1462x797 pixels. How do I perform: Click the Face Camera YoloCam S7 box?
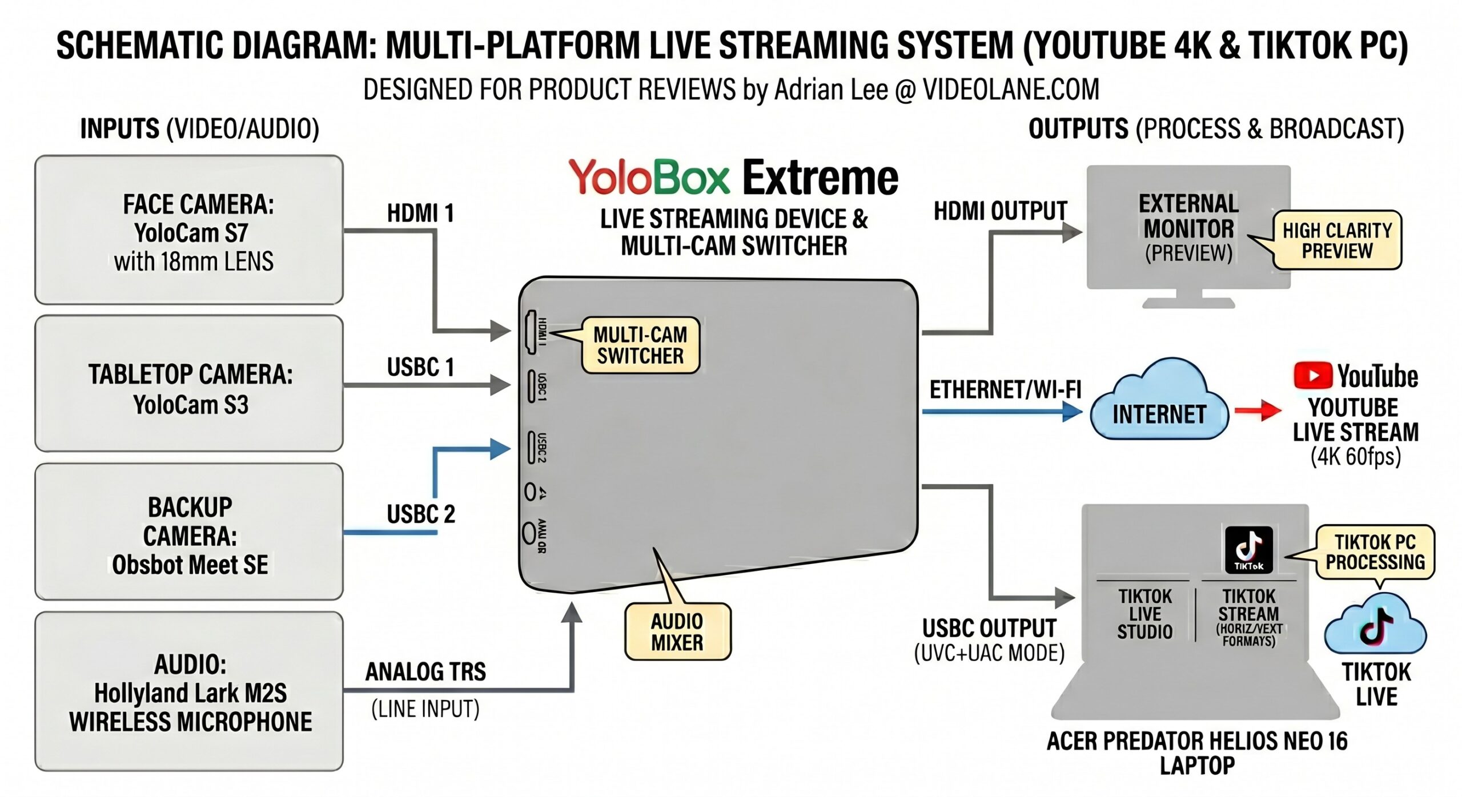coord(188,230)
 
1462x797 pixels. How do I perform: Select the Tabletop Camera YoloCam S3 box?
coord(188,384)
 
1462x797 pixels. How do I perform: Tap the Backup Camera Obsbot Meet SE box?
coord(188,532)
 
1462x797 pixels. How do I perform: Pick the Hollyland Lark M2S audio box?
coord(188,692)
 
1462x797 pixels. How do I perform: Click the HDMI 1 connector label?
coord(420,214)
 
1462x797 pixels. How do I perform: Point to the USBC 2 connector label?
coord(421,514)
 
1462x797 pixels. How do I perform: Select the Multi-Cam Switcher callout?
coord(640,345)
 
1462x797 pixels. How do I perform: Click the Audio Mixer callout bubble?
coord(677,631)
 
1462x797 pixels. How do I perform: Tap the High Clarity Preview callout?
coord(1337,240)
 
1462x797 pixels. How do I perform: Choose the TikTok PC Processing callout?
coord(1375,552)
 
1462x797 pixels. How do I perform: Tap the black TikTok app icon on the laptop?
coord(1249,550)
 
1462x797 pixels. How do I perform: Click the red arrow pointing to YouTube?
coord(1259,410)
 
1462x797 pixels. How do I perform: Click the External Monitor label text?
coord(1188,216)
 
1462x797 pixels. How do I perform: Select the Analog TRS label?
coord(425,672)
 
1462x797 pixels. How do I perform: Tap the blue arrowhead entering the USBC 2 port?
coord(500,449)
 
